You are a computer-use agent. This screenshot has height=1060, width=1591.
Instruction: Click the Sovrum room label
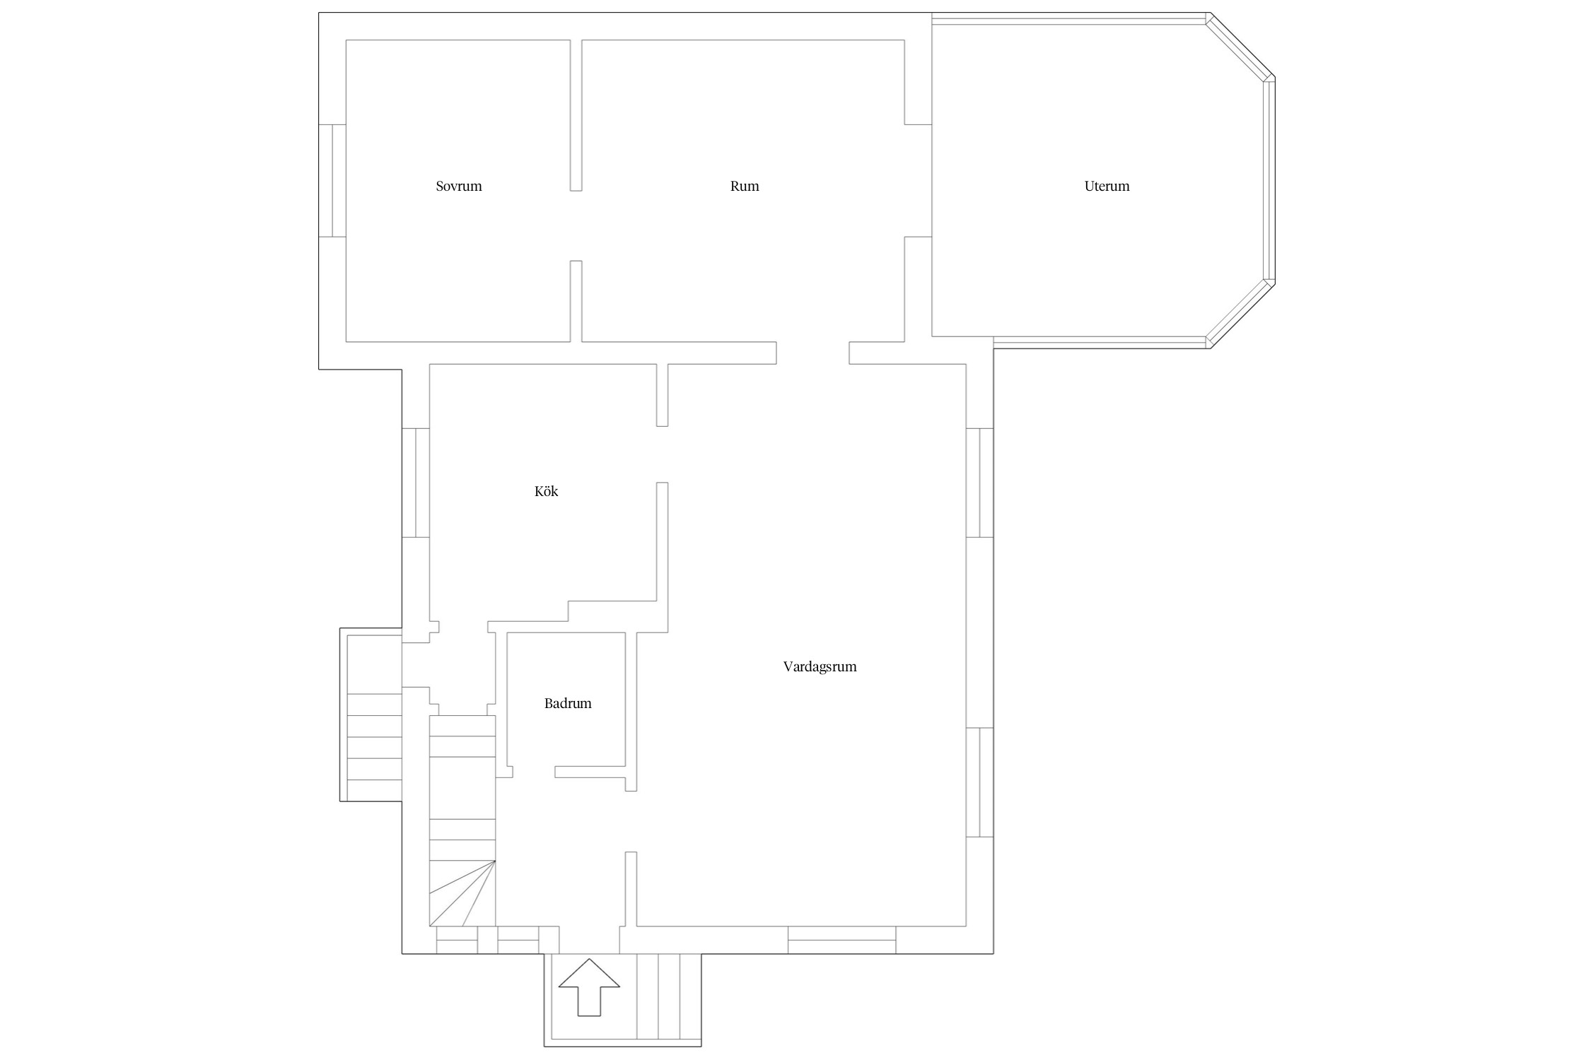459,187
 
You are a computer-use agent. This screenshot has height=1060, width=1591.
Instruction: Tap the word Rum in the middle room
745,187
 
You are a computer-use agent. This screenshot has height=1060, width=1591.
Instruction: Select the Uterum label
1107,187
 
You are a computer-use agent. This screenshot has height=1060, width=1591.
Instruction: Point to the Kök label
546,491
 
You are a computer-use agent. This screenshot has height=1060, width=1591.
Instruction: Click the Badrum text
568,704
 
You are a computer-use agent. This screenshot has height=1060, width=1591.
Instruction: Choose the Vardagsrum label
820,666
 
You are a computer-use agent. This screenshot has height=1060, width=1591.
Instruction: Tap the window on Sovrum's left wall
332,181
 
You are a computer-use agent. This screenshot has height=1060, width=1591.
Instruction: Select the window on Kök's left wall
416,483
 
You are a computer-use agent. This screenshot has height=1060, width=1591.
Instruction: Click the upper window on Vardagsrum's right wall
979,483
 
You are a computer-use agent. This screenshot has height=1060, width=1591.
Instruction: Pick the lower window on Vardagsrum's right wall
979,782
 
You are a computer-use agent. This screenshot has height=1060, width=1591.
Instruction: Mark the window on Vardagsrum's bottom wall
842,940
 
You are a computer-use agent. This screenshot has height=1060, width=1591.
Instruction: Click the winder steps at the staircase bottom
462,893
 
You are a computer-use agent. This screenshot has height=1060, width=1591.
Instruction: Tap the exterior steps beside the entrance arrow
669,996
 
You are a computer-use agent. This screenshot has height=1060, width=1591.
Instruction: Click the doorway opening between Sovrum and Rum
576,226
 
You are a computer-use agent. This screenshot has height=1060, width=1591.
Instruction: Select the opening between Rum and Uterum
918,181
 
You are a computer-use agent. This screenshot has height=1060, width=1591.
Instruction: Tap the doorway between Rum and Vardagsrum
812,353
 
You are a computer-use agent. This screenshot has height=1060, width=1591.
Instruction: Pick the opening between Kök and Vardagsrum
662,454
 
